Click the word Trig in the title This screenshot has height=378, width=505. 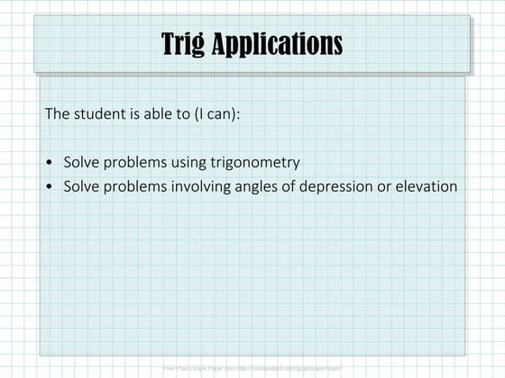[x=183, y=43]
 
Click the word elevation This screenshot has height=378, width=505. [x=424, y=186]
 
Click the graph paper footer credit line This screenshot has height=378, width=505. [x=252, y=368]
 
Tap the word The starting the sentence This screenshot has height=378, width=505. [x=57, y=115]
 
